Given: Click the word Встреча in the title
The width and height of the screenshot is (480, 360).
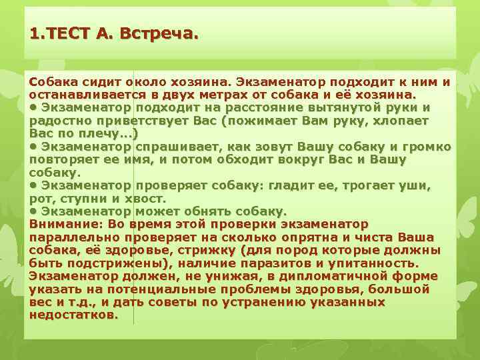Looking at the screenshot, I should (x=158, y=33).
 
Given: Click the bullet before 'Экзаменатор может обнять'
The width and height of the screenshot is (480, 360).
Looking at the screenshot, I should (x=33, y=211).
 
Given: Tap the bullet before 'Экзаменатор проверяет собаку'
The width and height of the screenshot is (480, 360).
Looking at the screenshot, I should (x=33, y=186).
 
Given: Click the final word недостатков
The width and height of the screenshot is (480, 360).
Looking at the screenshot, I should (x=73, y=315).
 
